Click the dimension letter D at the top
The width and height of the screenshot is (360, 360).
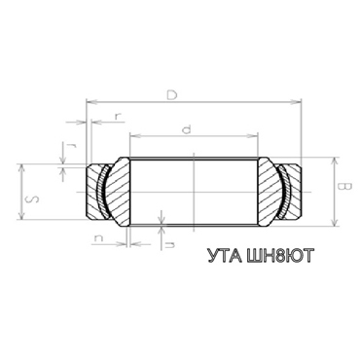click(x=172, y=94)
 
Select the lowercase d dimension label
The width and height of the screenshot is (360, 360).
click(x=186, y=127)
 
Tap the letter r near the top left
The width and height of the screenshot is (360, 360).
click(x=117, y=116)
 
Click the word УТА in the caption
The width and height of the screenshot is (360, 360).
click(x=225, y=258)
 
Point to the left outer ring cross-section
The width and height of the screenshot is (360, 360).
click(x=92, y=191)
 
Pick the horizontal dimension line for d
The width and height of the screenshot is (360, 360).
click(x=156, y=134)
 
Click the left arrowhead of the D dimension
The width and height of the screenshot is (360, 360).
click(x=90, y=100)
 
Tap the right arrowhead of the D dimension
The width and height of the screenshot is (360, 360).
click(x=300, y=100)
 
